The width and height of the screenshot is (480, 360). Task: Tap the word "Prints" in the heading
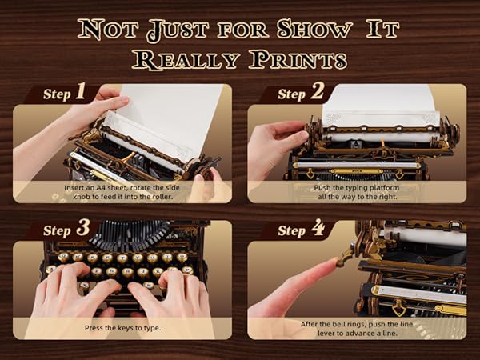[296, 58]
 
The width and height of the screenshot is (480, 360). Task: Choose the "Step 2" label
[302, 93]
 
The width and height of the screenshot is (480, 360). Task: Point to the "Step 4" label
[302, 230]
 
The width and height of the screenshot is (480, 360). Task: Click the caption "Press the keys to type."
[122, 327]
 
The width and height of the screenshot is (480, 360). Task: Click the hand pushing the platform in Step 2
[272, 144]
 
